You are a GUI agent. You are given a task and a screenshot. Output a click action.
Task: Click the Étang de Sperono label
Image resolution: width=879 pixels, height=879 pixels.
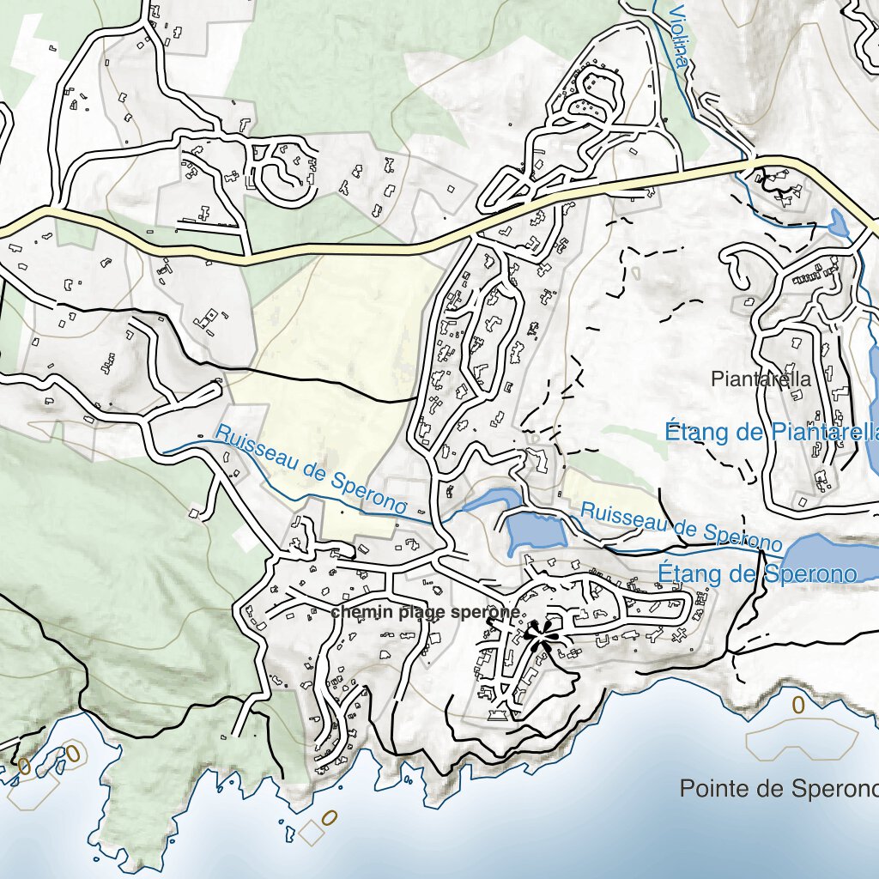[757, 573]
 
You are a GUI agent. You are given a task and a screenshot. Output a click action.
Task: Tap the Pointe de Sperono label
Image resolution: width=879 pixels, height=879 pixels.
[778, 788]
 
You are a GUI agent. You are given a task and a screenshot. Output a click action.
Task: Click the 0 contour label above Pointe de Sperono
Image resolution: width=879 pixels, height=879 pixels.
[797, 706]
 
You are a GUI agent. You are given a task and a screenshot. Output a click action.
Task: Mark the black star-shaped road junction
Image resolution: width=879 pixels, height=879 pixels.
[538, 636]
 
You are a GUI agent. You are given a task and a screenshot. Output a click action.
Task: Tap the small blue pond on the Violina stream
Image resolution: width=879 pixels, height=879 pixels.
[838, 223]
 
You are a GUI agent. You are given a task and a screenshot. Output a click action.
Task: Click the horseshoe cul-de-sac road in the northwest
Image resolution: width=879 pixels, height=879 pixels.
[282, 175]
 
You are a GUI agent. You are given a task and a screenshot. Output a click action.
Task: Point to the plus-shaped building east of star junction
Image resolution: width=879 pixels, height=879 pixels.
[682, 635]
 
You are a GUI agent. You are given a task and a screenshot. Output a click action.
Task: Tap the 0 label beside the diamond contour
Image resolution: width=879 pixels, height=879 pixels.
[330, 816]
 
